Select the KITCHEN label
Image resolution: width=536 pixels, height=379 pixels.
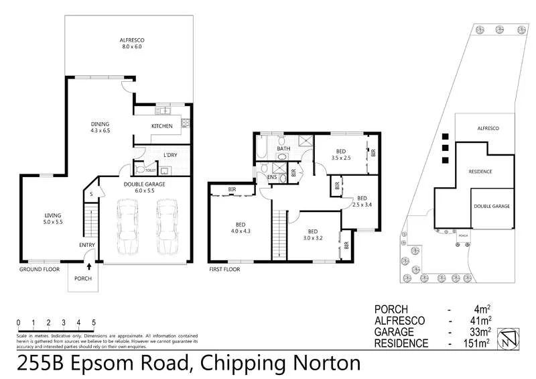tap(161, 126)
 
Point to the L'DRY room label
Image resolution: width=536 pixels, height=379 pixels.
tap(170, 156)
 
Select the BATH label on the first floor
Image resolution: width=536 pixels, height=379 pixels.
tap(283, 148)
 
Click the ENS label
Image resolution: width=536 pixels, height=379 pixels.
tap(272, 177)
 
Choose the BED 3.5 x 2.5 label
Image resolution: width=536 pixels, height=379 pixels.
tap(341, 154)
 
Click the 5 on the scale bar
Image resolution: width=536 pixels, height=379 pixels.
tap(94, 322)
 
